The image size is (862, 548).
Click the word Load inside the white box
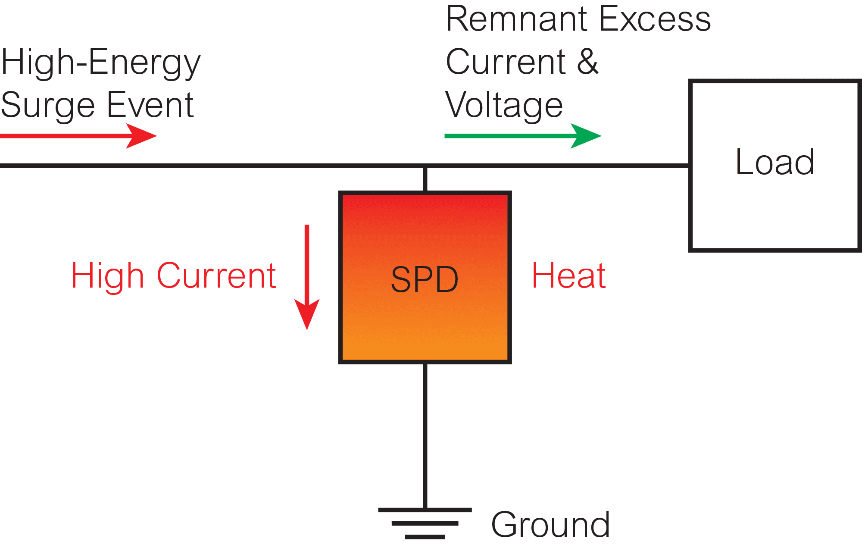(775, 162)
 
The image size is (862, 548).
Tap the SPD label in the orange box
(425, 279)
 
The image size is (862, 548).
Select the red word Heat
(569, 276)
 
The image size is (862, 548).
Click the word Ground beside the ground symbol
(550, 525)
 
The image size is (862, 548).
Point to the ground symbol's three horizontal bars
(425, 523)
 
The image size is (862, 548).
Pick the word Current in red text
(216, 276)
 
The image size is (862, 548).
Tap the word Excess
(655, 19)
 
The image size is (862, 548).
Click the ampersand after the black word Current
(587, 62)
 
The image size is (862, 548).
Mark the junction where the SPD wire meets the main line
(425, 166)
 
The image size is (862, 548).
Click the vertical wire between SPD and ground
(425, 435)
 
